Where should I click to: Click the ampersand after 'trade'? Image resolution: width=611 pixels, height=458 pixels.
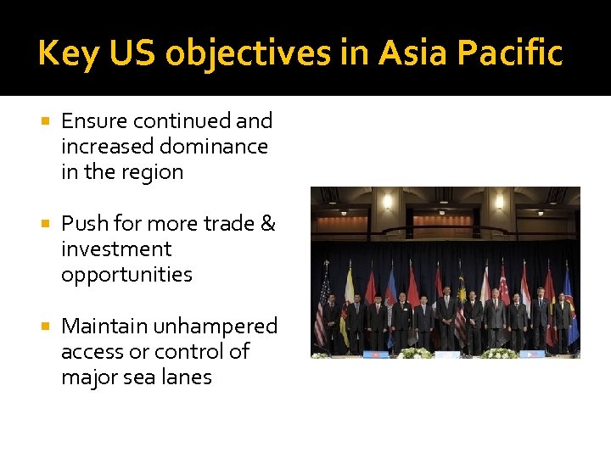click(267, 223)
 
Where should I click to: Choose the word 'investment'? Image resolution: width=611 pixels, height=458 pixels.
click(116, 249)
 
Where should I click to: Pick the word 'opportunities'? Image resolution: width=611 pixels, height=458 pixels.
click(126, 275)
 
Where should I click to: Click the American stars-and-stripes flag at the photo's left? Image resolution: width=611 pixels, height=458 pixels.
click(322, 310)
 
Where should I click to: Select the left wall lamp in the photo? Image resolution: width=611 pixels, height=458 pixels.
click(387, 203)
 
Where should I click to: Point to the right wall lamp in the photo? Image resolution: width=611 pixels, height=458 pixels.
click(499, 203)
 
